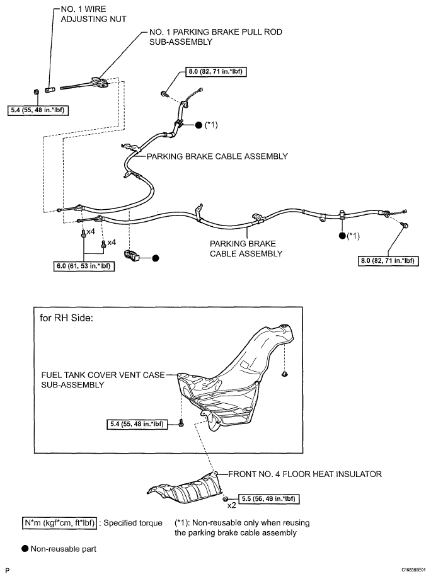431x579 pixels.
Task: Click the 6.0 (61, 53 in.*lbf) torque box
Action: point(84,267)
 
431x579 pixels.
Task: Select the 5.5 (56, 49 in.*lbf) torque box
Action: point(269,499)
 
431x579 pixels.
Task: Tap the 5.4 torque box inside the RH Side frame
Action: point(137,424)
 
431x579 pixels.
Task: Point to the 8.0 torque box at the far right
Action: point(388,261)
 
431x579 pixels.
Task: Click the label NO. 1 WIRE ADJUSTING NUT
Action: point(93,14)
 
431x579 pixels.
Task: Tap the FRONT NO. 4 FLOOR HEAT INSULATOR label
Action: point(305,474)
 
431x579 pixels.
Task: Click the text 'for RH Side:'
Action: point(67,318)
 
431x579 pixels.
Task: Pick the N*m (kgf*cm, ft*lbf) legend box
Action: point(59,523)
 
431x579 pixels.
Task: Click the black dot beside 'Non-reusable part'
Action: point(25,549)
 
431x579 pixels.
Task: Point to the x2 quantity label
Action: point(231,505)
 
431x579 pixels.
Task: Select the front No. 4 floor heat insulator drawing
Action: point(185,488)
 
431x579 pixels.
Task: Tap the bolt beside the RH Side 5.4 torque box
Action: point(181,423)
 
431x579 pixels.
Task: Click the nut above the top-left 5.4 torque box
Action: point(36,91)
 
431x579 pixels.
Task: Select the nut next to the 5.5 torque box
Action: point(226,499)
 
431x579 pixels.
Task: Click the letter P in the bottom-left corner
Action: point(8,571)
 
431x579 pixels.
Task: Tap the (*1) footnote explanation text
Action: point(242,528)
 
